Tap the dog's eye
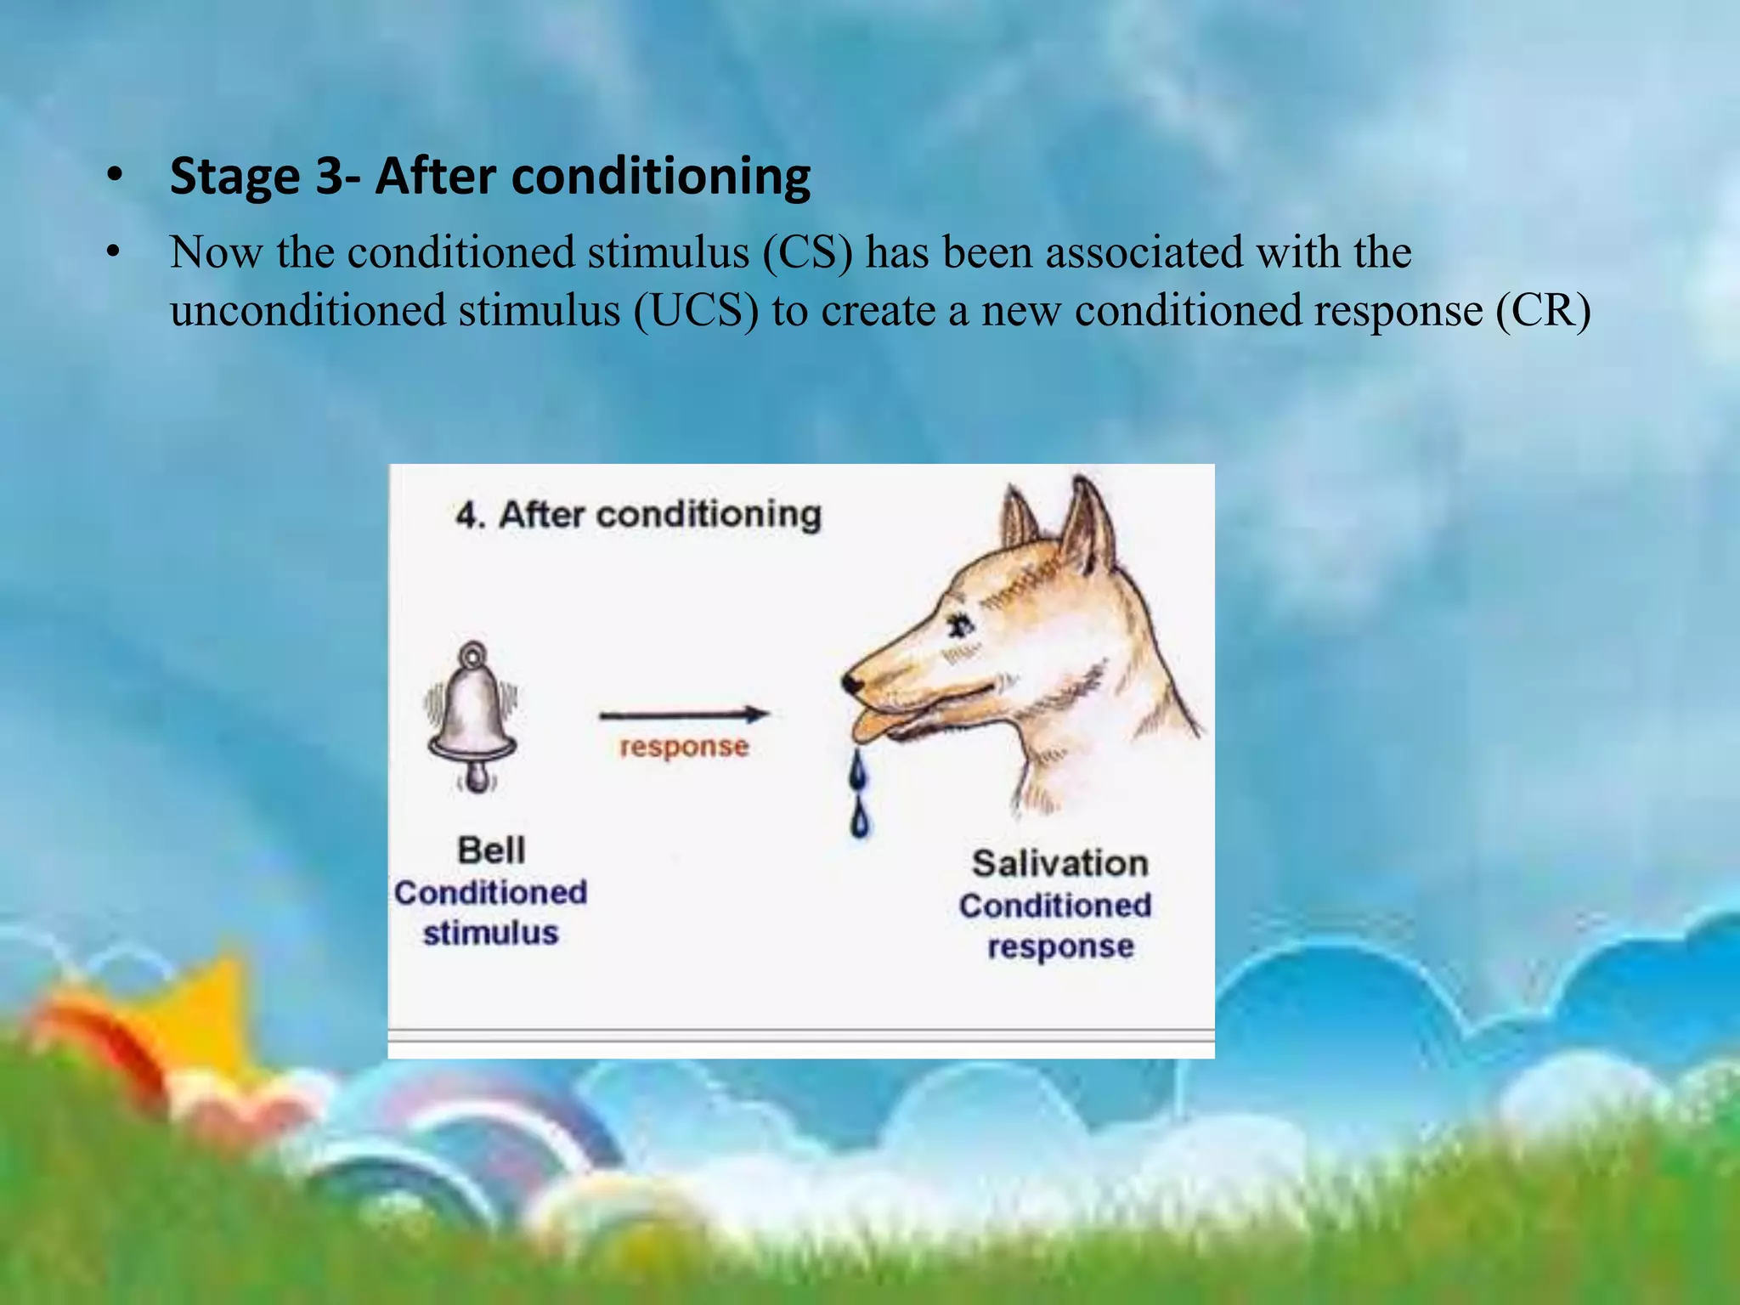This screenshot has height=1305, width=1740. pos(963,626)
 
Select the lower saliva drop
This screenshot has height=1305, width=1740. pos(861,820)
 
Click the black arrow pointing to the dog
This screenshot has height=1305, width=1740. pos(684,715)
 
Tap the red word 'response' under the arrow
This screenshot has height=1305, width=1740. pos(684,747)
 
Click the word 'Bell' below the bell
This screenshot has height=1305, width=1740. pos(491,850)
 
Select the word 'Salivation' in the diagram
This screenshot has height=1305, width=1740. pos(1060,863)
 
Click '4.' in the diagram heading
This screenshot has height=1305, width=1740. pos(470,515)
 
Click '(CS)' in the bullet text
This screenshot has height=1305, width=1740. pos(807,252)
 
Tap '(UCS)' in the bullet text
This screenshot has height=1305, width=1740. pos(696,310)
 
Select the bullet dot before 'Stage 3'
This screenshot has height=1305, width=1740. pos(114,177)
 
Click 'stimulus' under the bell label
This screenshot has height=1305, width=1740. pos(490,933)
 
